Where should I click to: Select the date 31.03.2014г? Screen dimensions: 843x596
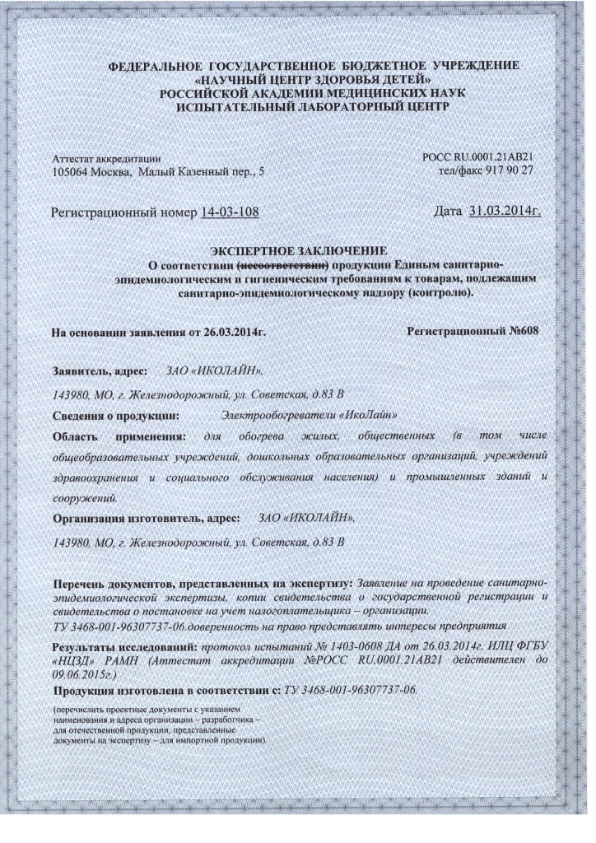tap(505, 212)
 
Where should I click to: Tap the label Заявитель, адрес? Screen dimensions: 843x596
tap(100, 372)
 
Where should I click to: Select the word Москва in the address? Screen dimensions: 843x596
tap(113, 173)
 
